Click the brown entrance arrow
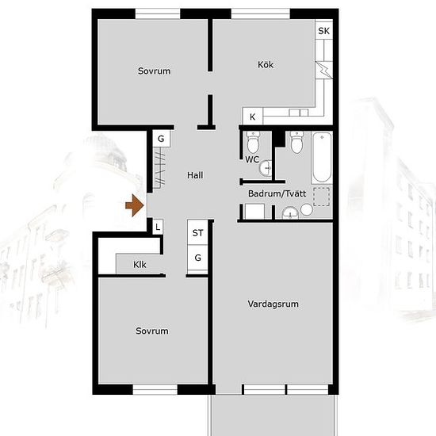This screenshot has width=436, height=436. tap(135, 205)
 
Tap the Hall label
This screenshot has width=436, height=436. tap(195, 175)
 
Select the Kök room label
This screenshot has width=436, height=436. tap(266, 64)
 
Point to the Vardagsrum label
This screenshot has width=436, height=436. tap(273, 304)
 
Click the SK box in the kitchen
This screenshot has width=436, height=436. tap(324, 31)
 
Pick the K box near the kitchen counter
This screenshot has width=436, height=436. tap(252, 117)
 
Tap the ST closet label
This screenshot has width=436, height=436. tap(197, 233)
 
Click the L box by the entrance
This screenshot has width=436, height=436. tap(158, 227)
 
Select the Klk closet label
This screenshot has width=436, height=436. tap(140, 265)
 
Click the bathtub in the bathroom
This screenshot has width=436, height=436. tap(322, 158)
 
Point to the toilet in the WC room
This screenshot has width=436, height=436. tap(253, 143)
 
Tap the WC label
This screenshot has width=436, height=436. tap(252, 159)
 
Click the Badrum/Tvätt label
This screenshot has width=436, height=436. tap(277, 193)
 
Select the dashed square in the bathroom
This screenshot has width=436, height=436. tap(321, 197)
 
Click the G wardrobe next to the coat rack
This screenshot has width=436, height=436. tap(161, 139)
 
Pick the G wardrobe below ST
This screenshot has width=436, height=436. tap(197, 258)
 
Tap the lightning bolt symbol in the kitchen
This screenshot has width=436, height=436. tap(324, 70)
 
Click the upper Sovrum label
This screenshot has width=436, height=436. tap(154, 71)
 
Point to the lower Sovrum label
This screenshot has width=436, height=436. tap(152, 331)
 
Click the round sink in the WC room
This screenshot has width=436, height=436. tap(266, 168)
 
